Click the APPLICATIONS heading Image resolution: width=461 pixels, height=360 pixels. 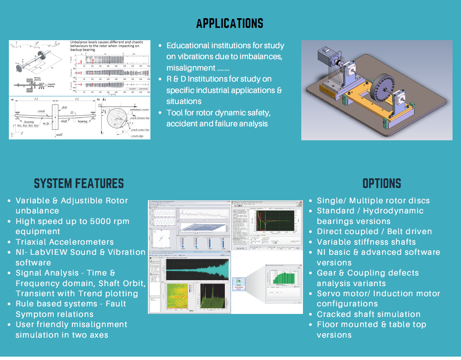(x=229, y=23)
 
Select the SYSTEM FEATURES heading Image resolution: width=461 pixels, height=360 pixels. (x=79, y=183)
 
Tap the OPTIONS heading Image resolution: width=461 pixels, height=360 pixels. (x=382, y=183)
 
